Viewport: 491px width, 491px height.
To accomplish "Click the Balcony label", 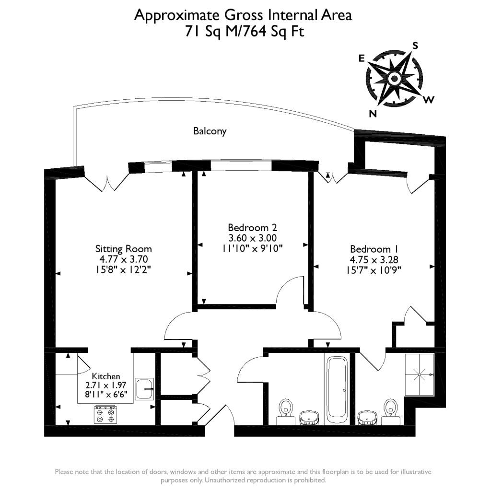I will coord(210,130).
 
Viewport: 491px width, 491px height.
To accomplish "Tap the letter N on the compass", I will coord(373,113).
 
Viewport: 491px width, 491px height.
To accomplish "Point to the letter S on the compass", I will coord(415,46).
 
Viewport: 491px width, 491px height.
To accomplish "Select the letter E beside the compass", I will coord(362,58).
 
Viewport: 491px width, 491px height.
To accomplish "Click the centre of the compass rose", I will coord(394,78).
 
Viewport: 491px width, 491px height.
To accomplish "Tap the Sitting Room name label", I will coord(123,249).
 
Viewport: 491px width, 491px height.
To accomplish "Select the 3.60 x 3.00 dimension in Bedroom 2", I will coord(252,238).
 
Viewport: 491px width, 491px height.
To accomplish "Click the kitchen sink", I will coord(144,389).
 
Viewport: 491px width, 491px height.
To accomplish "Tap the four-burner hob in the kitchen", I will coord(105,414).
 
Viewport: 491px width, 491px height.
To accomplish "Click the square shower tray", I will coord(419,374).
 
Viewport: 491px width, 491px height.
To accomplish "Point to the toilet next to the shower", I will coord(391,409).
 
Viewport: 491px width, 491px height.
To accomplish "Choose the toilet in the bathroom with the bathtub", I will coord(286,409).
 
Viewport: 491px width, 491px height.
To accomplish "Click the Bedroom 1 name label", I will coord(374,249).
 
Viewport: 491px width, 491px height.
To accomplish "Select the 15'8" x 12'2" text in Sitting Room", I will coord(123,269).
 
